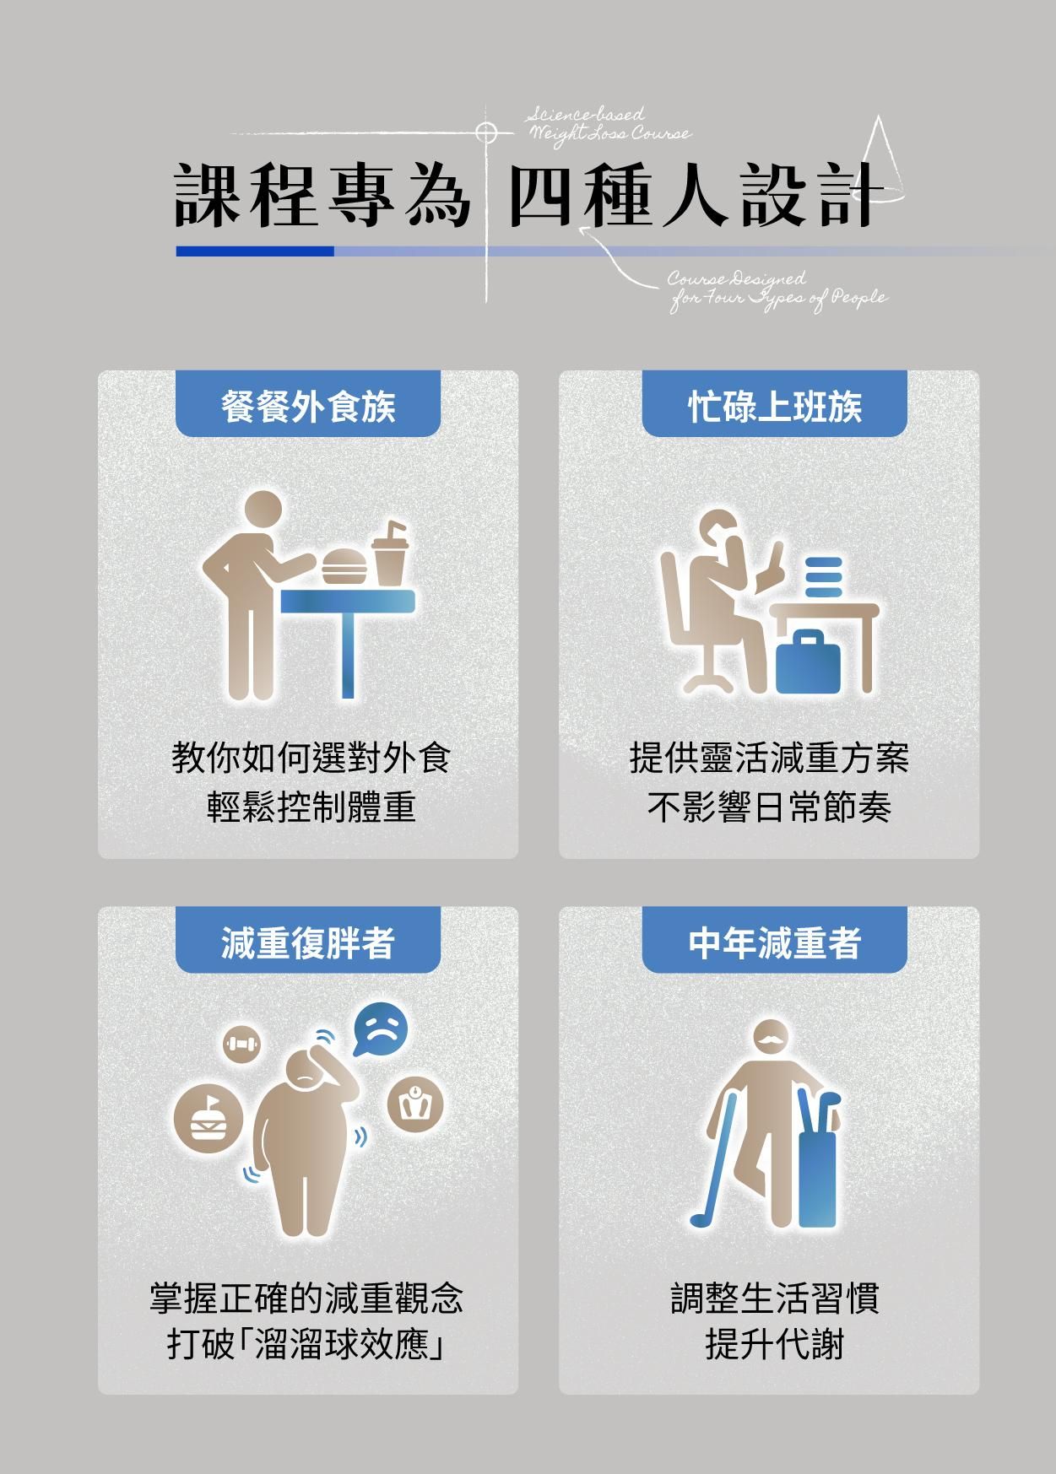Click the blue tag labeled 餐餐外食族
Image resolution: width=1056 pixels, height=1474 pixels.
pyautogui.click(x=308, y=405)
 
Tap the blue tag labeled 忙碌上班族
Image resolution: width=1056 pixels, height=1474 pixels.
pyautogui.click(x=774, y=405)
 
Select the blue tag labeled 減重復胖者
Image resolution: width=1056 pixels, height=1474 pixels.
pyautogui.click(x=308, y=941)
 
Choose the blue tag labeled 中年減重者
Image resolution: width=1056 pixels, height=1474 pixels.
pyautogui.click(x=774, y=941)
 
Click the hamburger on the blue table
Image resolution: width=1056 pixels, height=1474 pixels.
pyautogui.click(x=344, y=566)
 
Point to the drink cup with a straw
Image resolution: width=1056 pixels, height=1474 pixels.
pyautogui.click(x=391, y=553)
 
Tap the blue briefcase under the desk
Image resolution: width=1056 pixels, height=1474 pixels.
pyautogui.click(x=808, y=662)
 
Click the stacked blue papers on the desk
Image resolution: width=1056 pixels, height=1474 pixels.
pyautogui.click(x=824, y=576)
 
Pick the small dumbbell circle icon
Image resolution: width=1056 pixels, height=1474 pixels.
pyautogui.click(x=242, y=1045)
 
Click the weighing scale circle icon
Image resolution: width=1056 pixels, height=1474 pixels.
pyautogui.click(x=415, y=1104)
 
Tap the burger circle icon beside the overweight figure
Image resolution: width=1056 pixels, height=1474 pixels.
pyautogui.click(x=208, y=1119)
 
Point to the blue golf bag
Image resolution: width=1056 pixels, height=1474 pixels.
pyautogui.click(x=816, y=1160)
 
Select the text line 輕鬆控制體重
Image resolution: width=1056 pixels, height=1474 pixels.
pyautogui.click(x=311, y=807)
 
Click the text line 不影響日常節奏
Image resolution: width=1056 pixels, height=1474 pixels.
pyautogui.click(x=770, y=807)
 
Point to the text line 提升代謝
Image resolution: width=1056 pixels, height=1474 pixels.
pyautogui.click(x=775, y=1344)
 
